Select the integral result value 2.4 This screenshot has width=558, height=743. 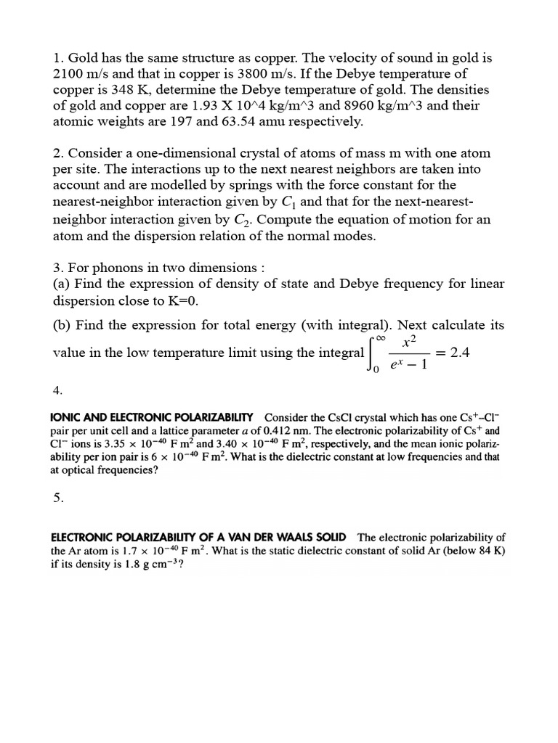tap(460, 352)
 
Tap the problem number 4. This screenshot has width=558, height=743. tap(58, 390)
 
